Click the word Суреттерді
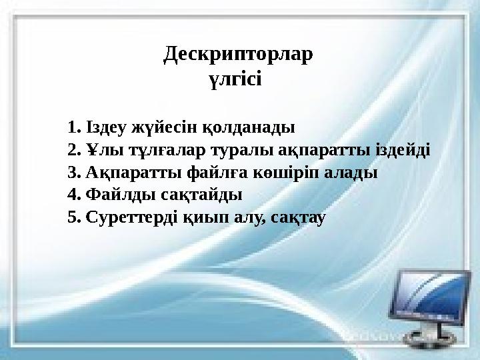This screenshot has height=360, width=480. point(129,218)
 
